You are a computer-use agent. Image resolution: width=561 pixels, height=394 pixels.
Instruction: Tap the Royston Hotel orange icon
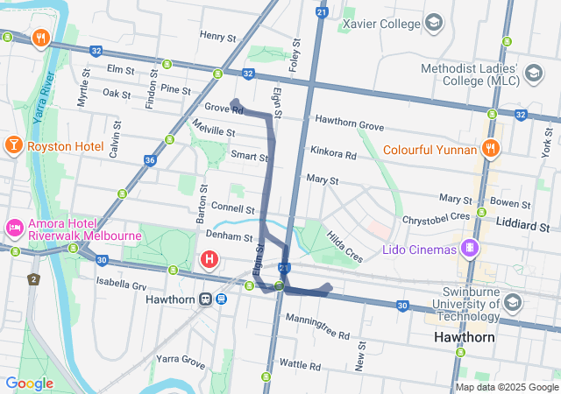tap(13, 144)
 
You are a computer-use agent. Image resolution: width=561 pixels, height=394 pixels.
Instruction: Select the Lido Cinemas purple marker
tap(471, 249)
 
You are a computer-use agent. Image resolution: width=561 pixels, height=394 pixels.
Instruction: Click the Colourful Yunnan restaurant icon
tap(490, 148)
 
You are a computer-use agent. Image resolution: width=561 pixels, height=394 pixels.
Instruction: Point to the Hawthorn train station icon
tap(205, 299)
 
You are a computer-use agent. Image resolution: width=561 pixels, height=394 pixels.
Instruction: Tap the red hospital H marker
tap(209, 259)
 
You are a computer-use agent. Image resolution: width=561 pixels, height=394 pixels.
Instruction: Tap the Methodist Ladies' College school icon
tap(532, 75)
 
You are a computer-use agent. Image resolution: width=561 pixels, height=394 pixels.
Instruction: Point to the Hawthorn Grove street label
tap(350, 123)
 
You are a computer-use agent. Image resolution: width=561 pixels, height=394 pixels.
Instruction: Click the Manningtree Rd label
tap(317, 327)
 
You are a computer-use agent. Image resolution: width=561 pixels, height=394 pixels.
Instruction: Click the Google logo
tap(29, 383)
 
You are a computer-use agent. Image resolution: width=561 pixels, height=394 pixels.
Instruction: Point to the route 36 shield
tap(150, 160)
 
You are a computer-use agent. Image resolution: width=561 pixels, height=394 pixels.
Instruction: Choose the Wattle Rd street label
tap(301, 363)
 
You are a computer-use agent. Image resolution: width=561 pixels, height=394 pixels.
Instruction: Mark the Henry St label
tap(218, 37)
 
